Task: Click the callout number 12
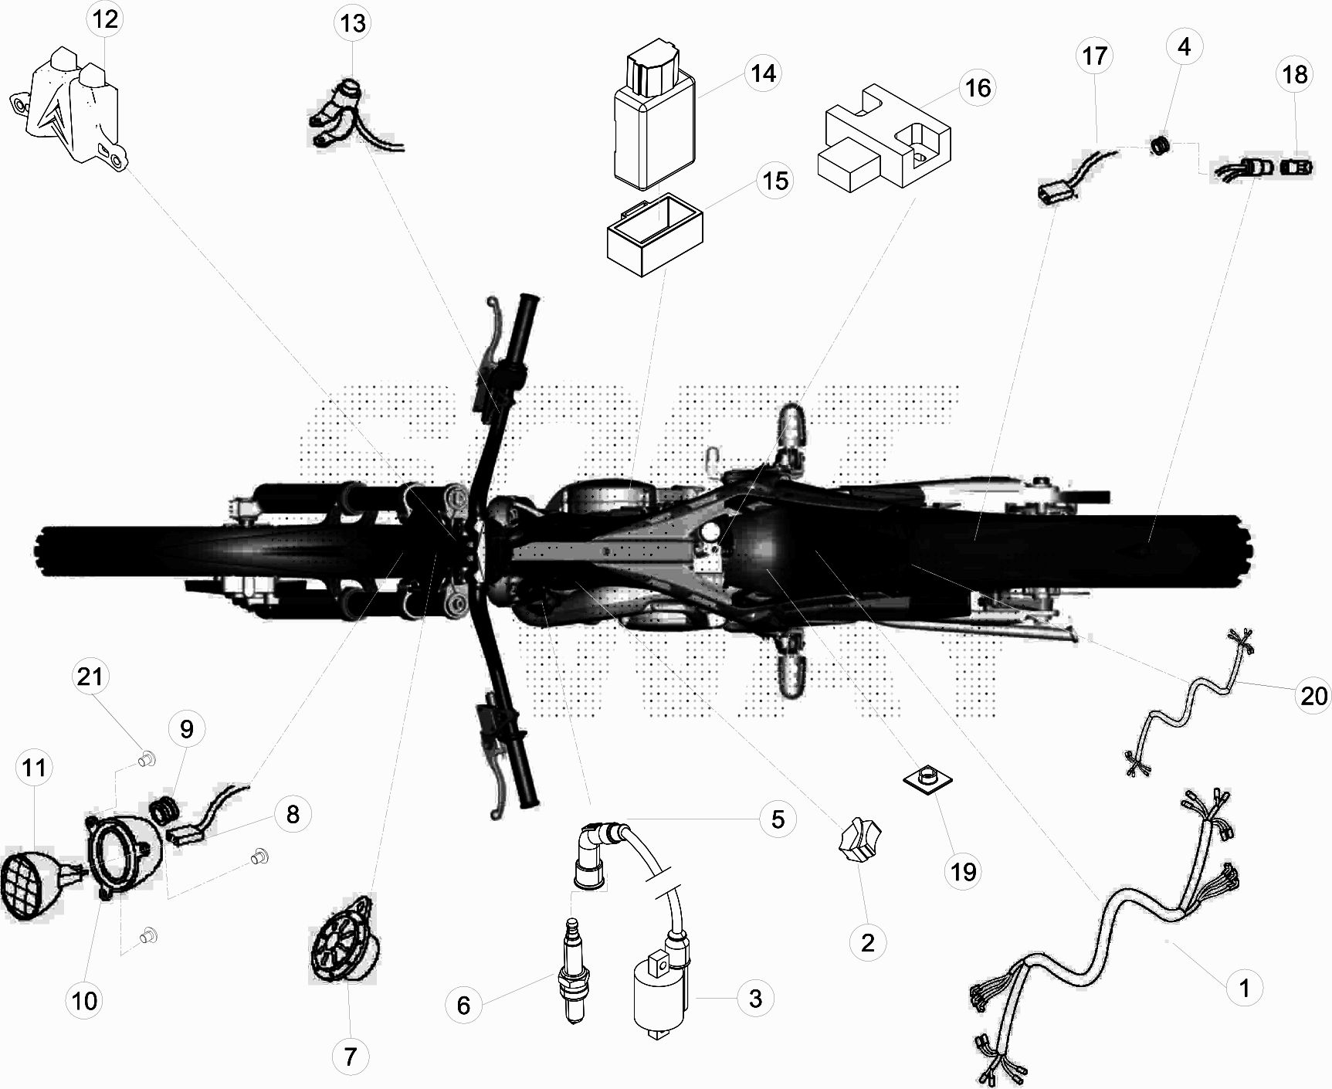106,19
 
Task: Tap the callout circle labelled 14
763,73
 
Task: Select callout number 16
978,88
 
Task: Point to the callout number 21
90,677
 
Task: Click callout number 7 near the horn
350,1056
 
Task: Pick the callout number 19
963,871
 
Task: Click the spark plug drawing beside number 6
571,971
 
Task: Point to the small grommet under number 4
1159,144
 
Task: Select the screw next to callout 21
144,761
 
